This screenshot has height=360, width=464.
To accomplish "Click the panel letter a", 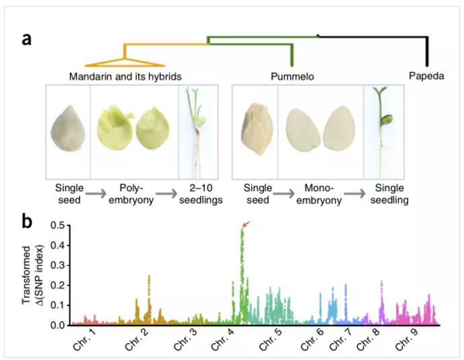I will [x=26, y=38].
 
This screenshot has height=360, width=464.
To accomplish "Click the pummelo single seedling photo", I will [x=381, y=131].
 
